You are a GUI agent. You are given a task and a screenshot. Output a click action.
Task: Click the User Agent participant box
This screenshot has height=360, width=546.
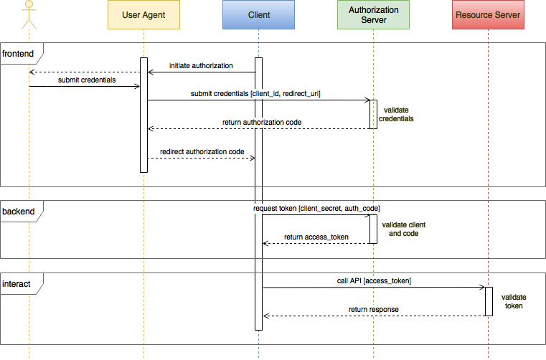[x=143, y=14]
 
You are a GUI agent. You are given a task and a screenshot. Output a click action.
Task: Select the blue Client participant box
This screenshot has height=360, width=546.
[x=258, y=14]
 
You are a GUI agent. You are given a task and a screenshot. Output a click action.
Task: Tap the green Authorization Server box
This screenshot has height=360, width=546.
[x=373, y=14]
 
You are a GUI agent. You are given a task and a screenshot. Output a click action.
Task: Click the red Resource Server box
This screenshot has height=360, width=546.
[x=488, y=14]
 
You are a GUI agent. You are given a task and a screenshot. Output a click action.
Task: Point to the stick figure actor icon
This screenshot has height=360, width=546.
[x=29, y=14]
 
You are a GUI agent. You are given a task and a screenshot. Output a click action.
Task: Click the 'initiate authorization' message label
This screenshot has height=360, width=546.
[x=201, y=66]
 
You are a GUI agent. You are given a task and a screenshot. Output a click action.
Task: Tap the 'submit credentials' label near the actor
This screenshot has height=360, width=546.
[x=87, y=80]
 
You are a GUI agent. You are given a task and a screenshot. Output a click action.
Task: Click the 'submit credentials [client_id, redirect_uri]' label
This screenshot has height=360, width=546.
[x=255, y=94]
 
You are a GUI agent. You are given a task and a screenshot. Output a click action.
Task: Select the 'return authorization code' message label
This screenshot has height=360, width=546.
[x=262, y=123]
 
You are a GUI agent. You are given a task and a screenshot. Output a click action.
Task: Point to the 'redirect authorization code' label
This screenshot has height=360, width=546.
[x=202, y=151]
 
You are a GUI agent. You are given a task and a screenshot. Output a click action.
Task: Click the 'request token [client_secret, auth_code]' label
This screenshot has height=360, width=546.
[x=316, y=208]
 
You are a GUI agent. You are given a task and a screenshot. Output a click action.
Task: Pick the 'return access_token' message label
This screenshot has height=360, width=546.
[x=316, y=237]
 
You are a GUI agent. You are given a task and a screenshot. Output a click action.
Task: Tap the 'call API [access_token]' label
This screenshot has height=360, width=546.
[x=374, y=280]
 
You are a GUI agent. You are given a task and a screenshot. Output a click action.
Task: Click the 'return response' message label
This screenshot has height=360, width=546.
[x=374, y=310]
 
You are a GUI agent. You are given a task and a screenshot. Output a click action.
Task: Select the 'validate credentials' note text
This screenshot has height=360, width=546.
[x=396, y=115]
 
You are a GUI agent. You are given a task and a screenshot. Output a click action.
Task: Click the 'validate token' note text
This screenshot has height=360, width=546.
[x=513, y=301]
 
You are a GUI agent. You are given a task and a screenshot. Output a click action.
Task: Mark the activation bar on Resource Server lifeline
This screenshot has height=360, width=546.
[x=489, y=301]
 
